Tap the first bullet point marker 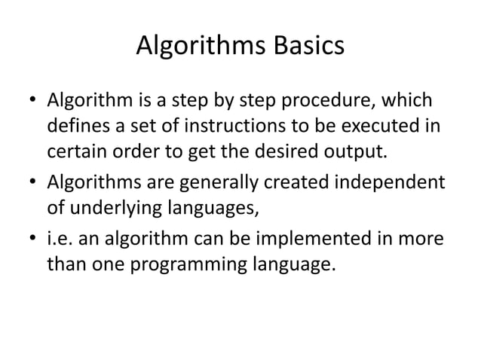(x=32, y=101)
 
